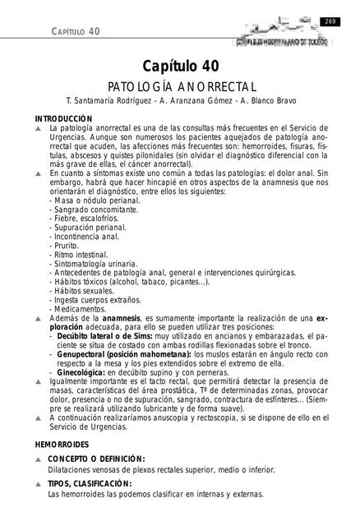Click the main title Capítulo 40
(x=179, y=65)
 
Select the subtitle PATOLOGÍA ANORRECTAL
(x=179, y=85)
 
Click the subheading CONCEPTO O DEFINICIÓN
(x=96, y=459)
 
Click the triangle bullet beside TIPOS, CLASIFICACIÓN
(x=39, y=484)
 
